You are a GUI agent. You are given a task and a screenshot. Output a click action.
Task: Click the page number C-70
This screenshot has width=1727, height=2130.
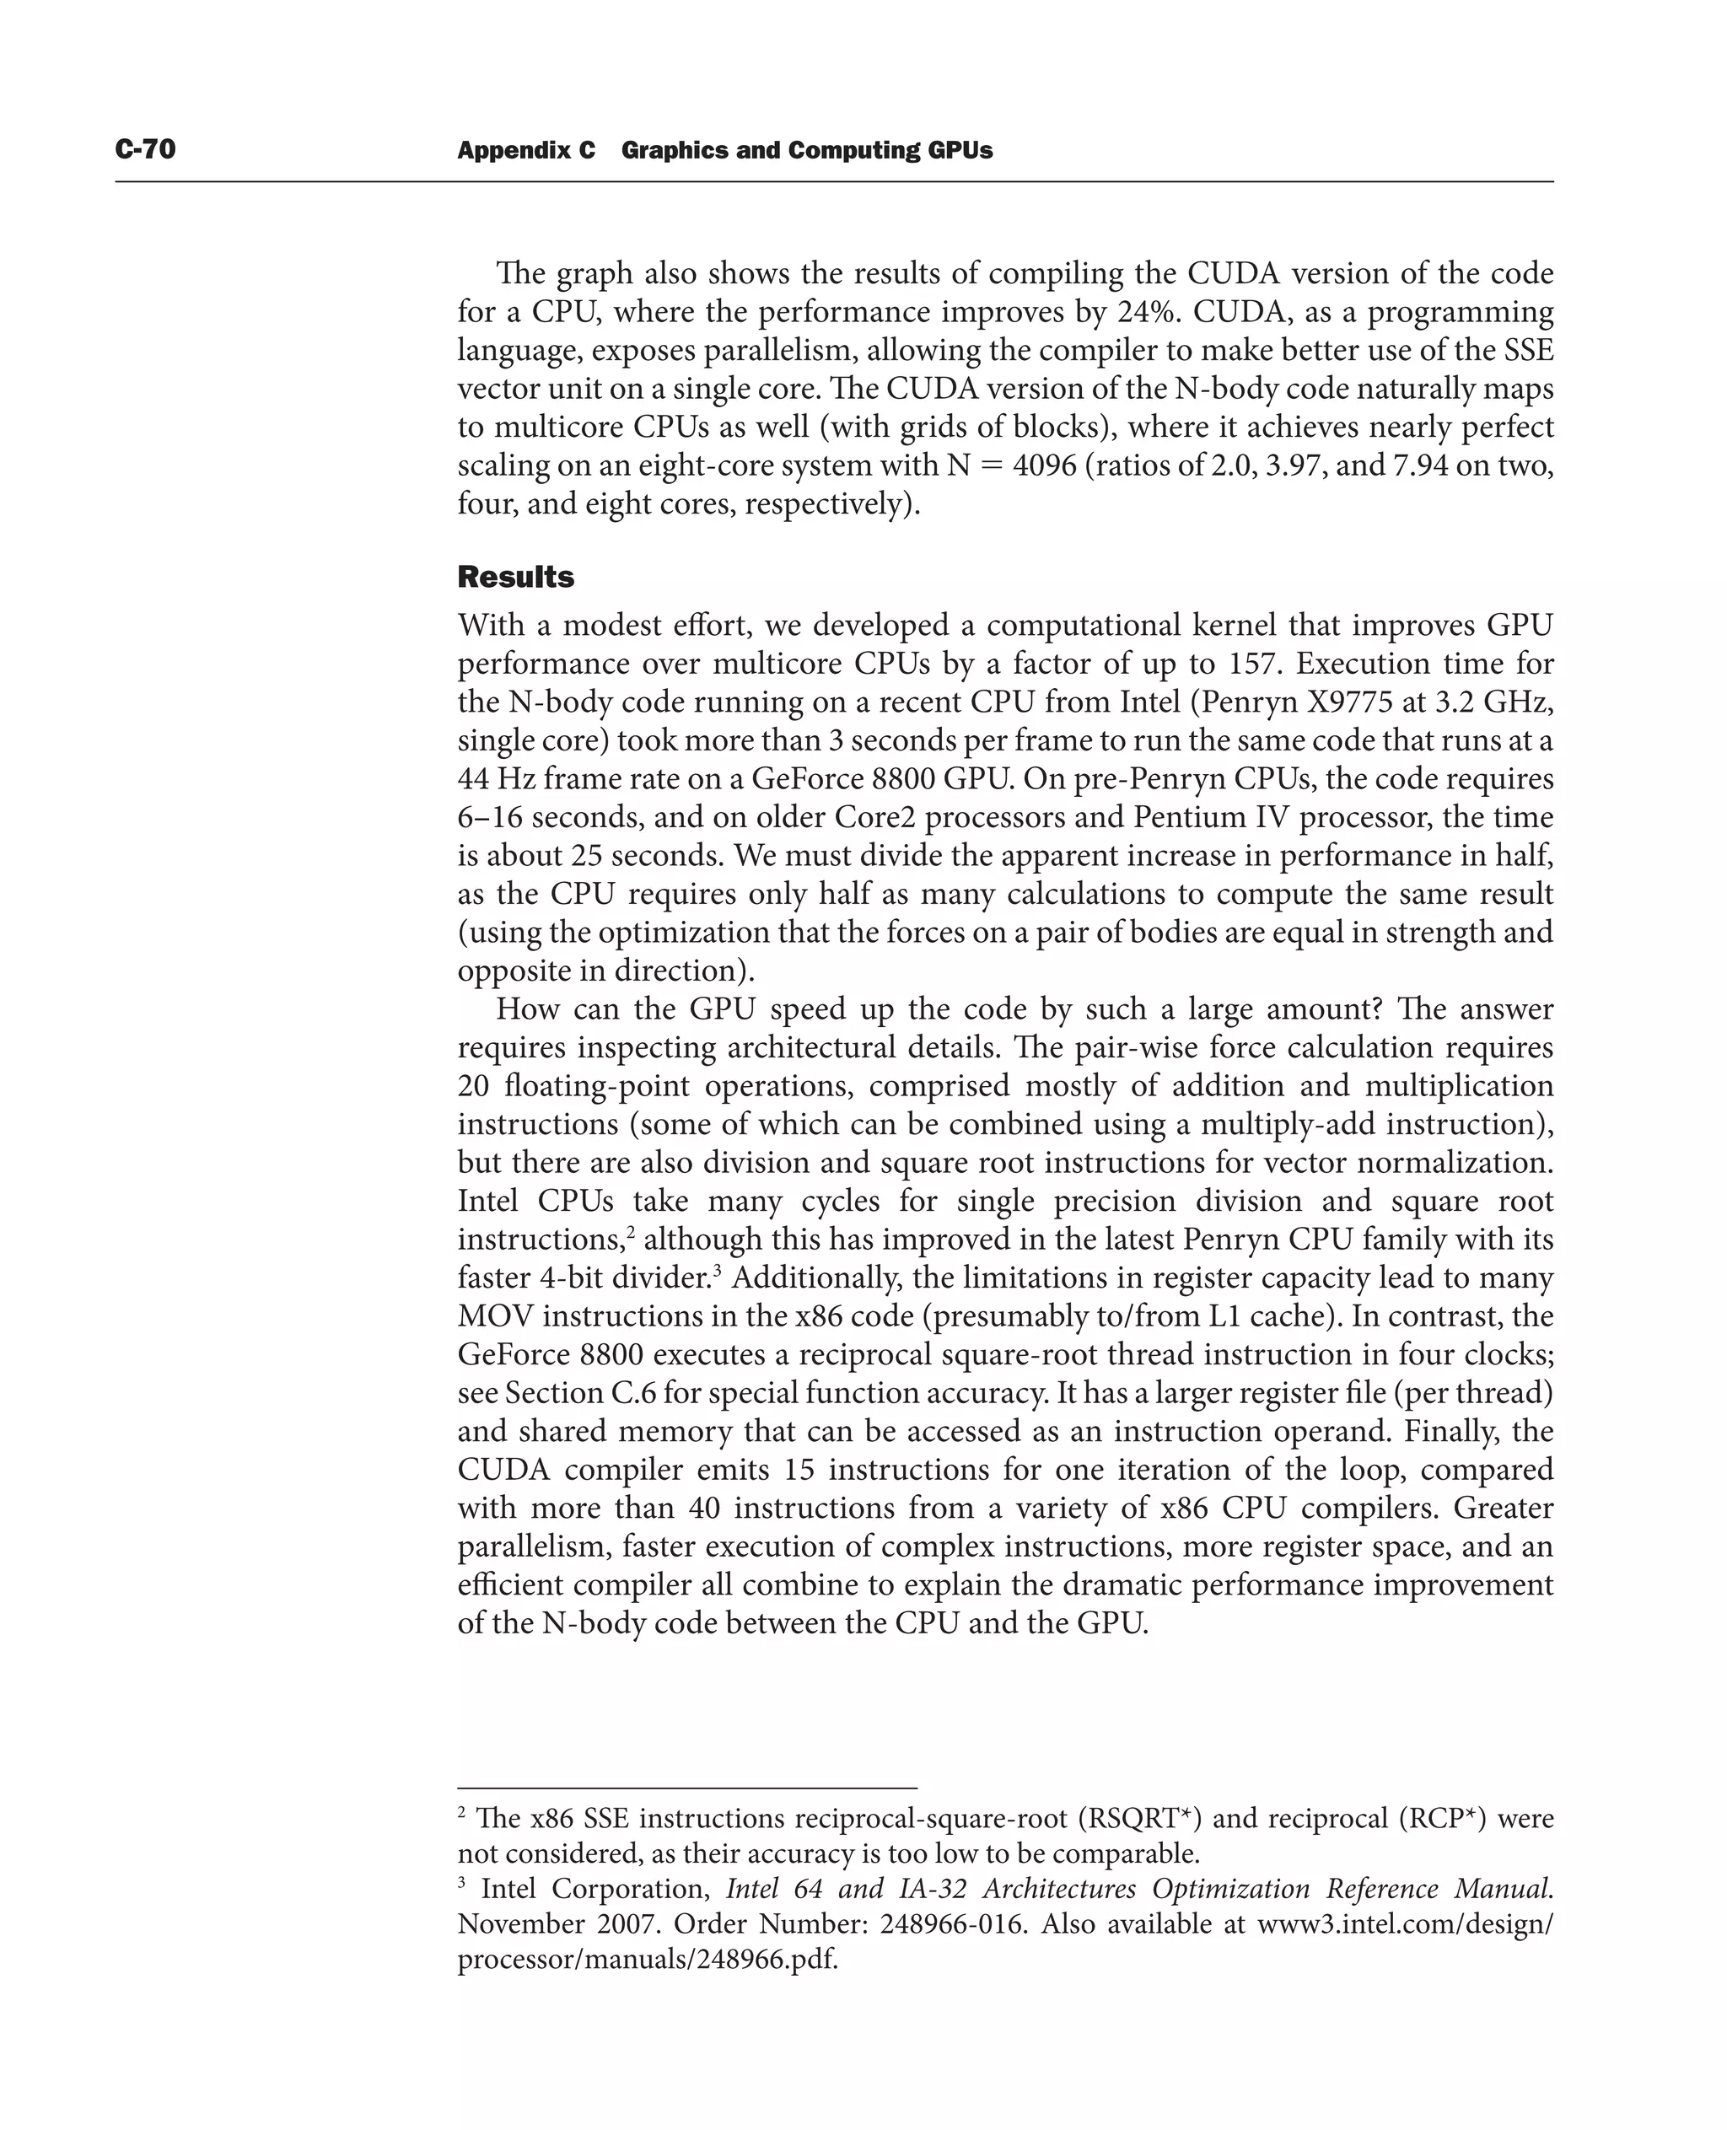[x=145, y=149]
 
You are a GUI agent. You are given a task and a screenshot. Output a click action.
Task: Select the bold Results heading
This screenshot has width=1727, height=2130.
[x=515, y=577]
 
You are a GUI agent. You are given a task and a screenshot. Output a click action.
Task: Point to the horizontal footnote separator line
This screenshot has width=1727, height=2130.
[x=686, y=1788]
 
